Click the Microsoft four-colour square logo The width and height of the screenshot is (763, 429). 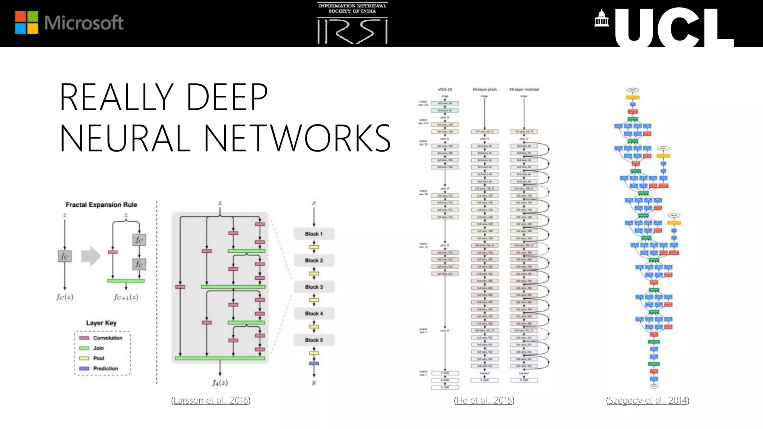(x=26, y=22)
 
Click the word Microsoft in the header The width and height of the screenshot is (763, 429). (x=84, y=23)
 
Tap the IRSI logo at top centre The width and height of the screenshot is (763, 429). (x=352, y=23)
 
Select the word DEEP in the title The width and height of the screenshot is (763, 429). (x=227, y=97)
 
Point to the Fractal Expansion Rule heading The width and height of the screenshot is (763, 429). (x=101, y=205)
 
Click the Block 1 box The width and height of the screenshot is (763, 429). (x=314, y=234)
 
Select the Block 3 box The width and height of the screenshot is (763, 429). (x=314, y=287)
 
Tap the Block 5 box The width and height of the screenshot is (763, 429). (x=314, y=340)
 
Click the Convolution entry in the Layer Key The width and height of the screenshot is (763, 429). (x=107, y=338)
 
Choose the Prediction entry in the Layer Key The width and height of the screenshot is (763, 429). (x=105, y=368)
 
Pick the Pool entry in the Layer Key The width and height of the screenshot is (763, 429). (x=98, y=358)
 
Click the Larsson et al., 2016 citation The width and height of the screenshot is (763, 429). (x=211, y=400)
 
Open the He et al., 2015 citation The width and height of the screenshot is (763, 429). (x=484, y=400)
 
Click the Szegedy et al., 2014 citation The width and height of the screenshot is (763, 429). (x=648, y=400)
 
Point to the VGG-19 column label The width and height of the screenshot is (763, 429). (x=445, y=89)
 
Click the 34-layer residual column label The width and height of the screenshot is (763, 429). (x=524, y=89)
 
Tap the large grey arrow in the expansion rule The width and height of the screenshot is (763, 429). (x=91, y=256)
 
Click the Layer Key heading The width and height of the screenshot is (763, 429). (x=101, y=323)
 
